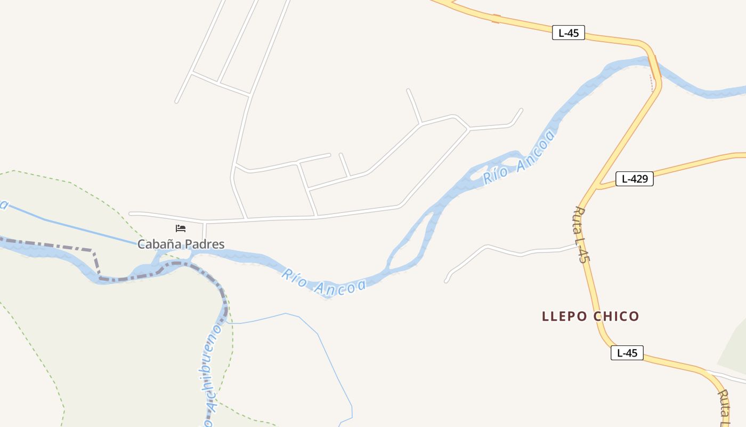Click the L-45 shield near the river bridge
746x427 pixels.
click(x=569, y=33)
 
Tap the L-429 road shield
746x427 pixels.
click(x=634, y=179)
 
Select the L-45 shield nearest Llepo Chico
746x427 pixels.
click(x=627, y=353)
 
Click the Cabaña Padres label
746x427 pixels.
click(x=181, y=244)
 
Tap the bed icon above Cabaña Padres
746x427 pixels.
click(x=181, y=228)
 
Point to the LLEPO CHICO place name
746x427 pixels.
click(x=590, y=317)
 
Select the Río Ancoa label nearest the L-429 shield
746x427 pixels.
click(x=519, y=158)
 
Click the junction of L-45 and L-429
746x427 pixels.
click(x=595, y=188)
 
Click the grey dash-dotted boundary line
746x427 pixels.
click(x=96, y=262)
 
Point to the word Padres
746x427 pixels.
click(x=205, y=244)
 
